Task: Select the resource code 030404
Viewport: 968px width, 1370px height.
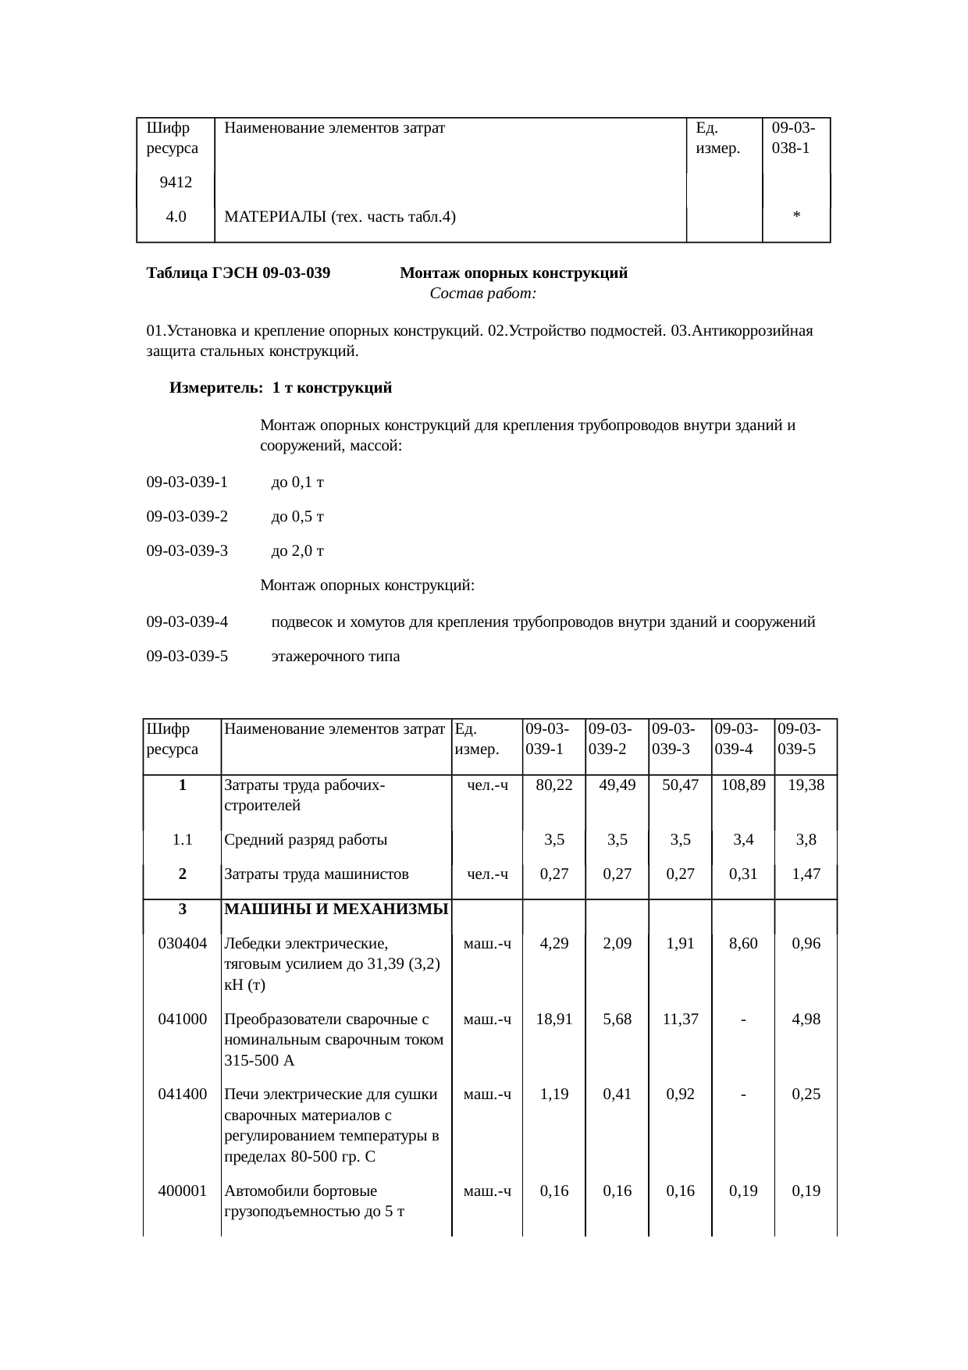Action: point(183,943)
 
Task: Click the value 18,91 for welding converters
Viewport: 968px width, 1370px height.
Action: point(553,1019)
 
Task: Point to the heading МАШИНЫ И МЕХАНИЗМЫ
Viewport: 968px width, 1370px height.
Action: point(336,909)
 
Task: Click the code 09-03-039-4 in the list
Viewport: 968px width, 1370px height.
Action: point(187,621)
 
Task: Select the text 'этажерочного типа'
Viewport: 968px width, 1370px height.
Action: point(335,656)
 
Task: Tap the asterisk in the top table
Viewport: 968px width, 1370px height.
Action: point(795,217)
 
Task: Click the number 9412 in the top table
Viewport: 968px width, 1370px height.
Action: point(176,183)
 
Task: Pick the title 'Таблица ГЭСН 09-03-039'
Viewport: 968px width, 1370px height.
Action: point(238,273)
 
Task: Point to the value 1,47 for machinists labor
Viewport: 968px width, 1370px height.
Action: point(806,874)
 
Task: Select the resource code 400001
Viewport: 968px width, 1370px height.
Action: point(183,1190)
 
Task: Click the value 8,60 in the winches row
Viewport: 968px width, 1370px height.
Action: point(743,943)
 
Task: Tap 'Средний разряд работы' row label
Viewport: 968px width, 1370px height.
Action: point(305,840)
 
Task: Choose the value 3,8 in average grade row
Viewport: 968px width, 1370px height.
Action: point(806,840)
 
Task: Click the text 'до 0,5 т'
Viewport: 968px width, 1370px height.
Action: point(297,516)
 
